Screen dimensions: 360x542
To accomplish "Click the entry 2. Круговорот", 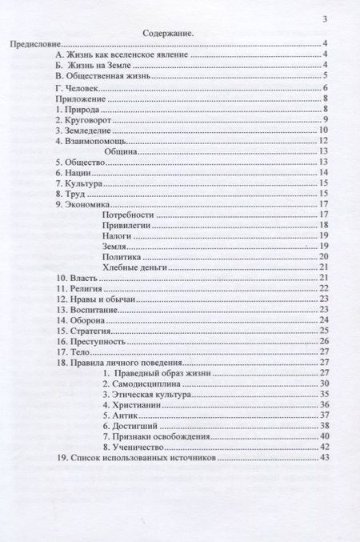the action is point(86,118).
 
